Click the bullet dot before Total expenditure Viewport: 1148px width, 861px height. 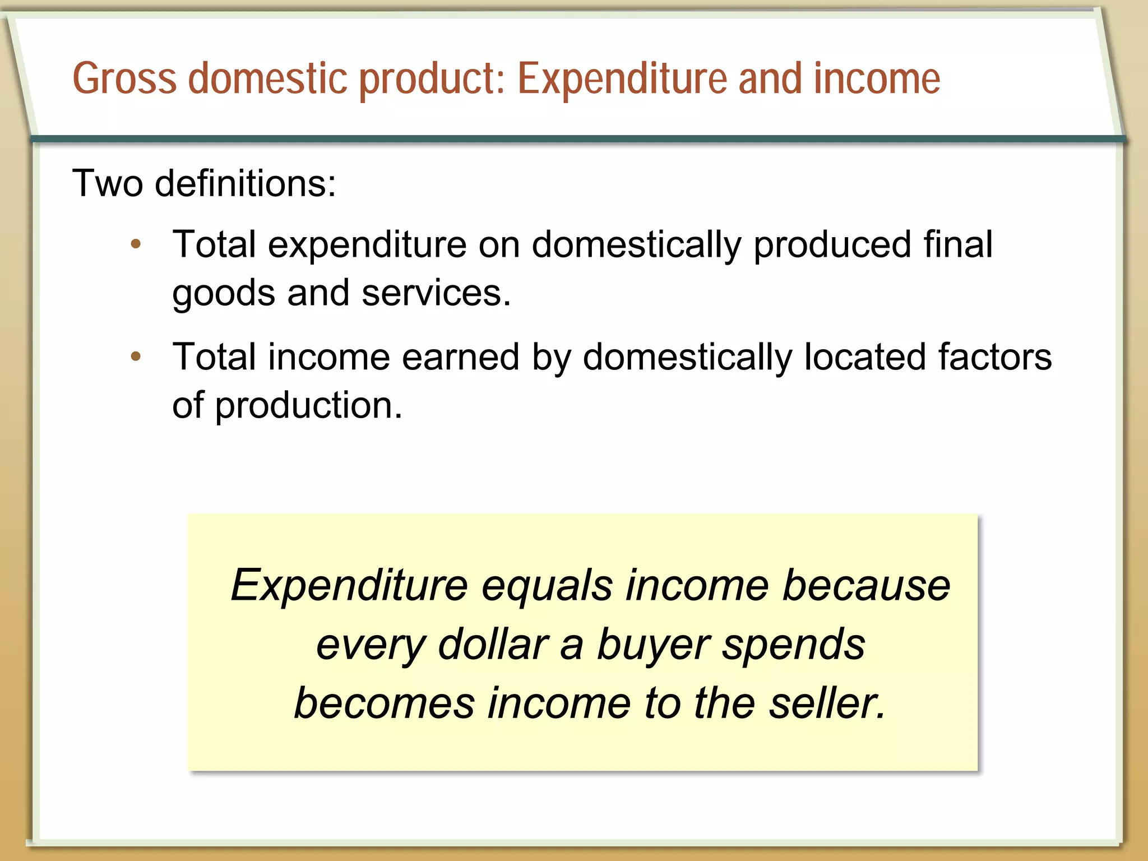pos(136,244)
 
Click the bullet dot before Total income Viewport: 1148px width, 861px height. pos(136,356)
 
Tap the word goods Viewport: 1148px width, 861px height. pos(223,293)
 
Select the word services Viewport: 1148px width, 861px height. pos(436,293)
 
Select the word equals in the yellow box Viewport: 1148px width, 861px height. pos(547,585)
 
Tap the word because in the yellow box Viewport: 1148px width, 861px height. pos(866,585)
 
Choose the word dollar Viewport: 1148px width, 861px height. pos(493,645)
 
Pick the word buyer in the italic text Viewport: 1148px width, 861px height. pos(654,645)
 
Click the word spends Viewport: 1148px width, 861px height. pos(793,645)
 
